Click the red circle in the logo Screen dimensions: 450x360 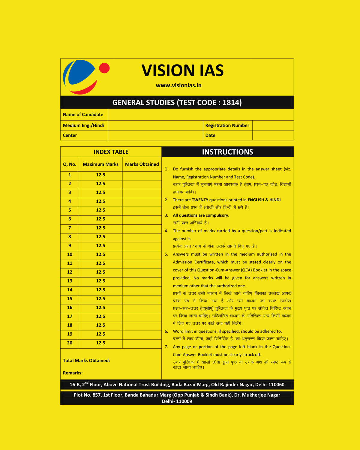pos(104,68)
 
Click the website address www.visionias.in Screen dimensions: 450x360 pos(178,85)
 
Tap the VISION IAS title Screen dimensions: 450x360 pos(182,70)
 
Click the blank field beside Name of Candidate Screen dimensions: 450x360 pos(200,115)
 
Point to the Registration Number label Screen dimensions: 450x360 pos(227,125)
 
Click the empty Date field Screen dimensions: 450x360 pos(273,135)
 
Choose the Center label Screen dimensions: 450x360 pos(70,135)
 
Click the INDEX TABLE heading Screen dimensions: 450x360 pos(111,152)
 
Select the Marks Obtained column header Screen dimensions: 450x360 pos(142,164)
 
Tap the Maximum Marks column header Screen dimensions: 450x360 pos(100,164)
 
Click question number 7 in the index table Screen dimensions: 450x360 pos(70,228)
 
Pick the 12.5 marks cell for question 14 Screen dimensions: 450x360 pos(100,290)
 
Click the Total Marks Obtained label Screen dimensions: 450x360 pos(86,361)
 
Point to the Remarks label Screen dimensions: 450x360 pos(73,373)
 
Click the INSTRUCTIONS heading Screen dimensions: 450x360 pos(227,152)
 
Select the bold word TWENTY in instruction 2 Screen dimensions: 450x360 pos(200,200)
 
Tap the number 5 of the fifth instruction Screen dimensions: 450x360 pos(166,254)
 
